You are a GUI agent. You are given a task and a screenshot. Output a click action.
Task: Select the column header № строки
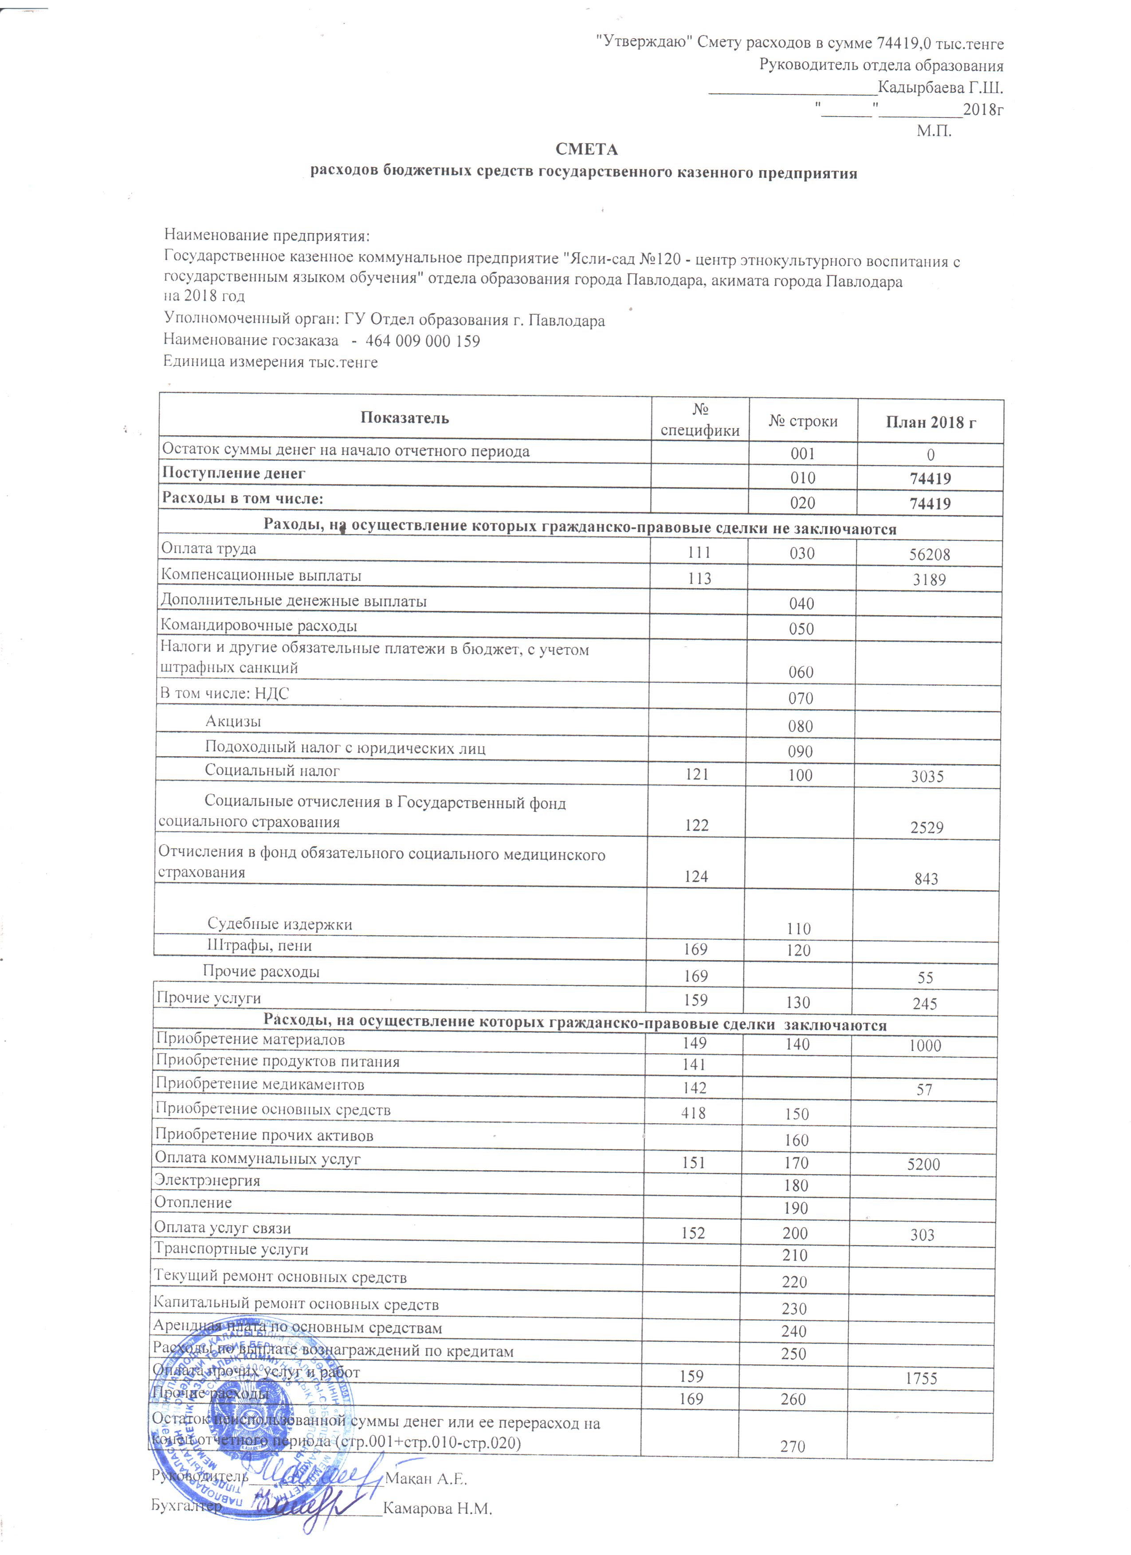click(802, 422)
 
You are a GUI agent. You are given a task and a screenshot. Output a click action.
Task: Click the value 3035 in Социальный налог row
click(927, 777)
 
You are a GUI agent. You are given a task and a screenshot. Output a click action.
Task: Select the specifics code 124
click(696, 876)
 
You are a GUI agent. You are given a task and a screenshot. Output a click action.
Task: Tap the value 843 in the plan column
click(926, 879)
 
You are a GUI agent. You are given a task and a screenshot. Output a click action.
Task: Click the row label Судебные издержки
click(280, 924)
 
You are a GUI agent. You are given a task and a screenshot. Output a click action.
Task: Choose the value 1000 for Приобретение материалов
click(925, 1046)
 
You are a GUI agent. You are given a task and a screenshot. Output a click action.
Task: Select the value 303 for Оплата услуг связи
click(923, 1235)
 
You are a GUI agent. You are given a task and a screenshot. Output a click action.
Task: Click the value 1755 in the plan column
click(921, 1379)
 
